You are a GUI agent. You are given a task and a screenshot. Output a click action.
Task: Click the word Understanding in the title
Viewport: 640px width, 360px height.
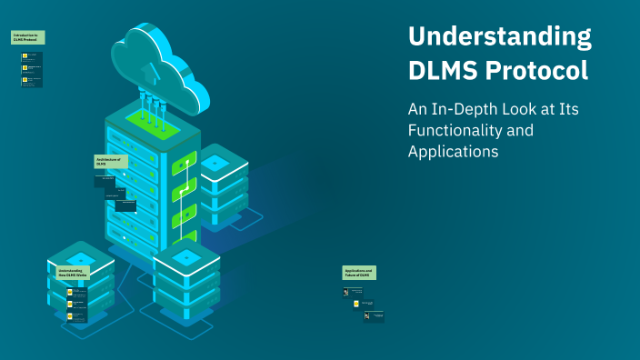click(499, 37)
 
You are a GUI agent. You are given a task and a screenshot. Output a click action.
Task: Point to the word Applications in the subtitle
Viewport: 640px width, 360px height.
click(453, 152)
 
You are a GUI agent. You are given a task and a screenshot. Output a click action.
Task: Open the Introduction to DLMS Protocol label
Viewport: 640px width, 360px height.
click(28, 38)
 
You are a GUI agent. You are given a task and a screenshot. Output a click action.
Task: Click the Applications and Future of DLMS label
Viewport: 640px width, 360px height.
click(359, 273)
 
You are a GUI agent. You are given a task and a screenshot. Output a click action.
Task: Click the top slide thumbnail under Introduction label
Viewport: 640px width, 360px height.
click(32, 55)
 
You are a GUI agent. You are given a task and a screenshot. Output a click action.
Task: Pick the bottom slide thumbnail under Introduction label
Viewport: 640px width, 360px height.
click(32, 81)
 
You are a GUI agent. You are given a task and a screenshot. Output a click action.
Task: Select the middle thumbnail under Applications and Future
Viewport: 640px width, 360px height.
click(364, 304)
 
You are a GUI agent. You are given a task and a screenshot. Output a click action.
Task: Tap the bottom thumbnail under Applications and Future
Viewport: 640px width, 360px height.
click(375, 315)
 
